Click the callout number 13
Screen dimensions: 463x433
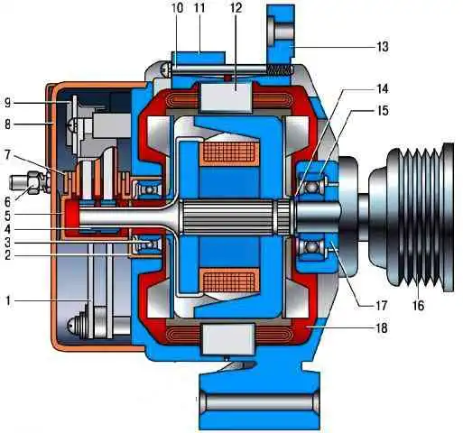point(383,47)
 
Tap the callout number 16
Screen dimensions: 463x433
point(418,306)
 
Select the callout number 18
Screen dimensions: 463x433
point(382,327)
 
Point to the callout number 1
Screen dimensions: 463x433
point(8,300)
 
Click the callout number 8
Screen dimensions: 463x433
point(7,124)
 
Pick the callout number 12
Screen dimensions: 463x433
point(236,8)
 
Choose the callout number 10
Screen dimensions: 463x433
point(178,8)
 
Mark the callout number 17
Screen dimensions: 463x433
point(381,306)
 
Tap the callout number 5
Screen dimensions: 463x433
point(7,216)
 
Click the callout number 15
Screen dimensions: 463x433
point(383,111)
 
